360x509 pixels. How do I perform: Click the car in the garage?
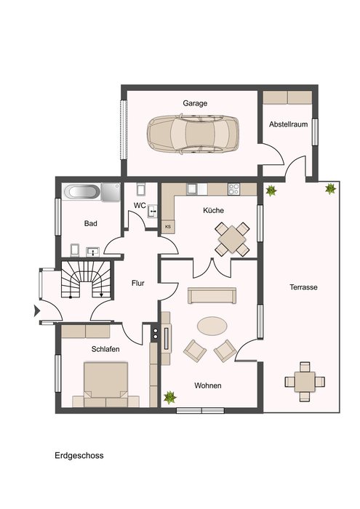193,134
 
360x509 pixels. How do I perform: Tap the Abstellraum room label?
288,124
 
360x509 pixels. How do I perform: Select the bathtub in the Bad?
81,192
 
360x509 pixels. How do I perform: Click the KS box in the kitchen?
168,227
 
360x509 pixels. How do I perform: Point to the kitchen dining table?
232,239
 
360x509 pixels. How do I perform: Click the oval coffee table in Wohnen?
212,326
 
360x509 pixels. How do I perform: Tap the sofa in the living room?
212,295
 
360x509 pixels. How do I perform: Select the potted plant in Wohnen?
169,397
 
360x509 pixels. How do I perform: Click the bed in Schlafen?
105,385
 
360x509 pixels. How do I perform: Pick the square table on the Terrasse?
305,382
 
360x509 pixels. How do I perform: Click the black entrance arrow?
37,310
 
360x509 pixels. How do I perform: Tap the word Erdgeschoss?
79,455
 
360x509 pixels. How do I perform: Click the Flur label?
138,283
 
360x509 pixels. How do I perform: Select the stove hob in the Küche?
233,189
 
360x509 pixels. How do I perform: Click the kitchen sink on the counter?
192,189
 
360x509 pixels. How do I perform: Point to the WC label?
140,206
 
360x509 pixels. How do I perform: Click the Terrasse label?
303,287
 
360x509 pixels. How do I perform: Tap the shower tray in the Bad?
111,192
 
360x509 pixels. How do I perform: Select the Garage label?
195,103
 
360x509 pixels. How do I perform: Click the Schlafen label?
105,349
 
